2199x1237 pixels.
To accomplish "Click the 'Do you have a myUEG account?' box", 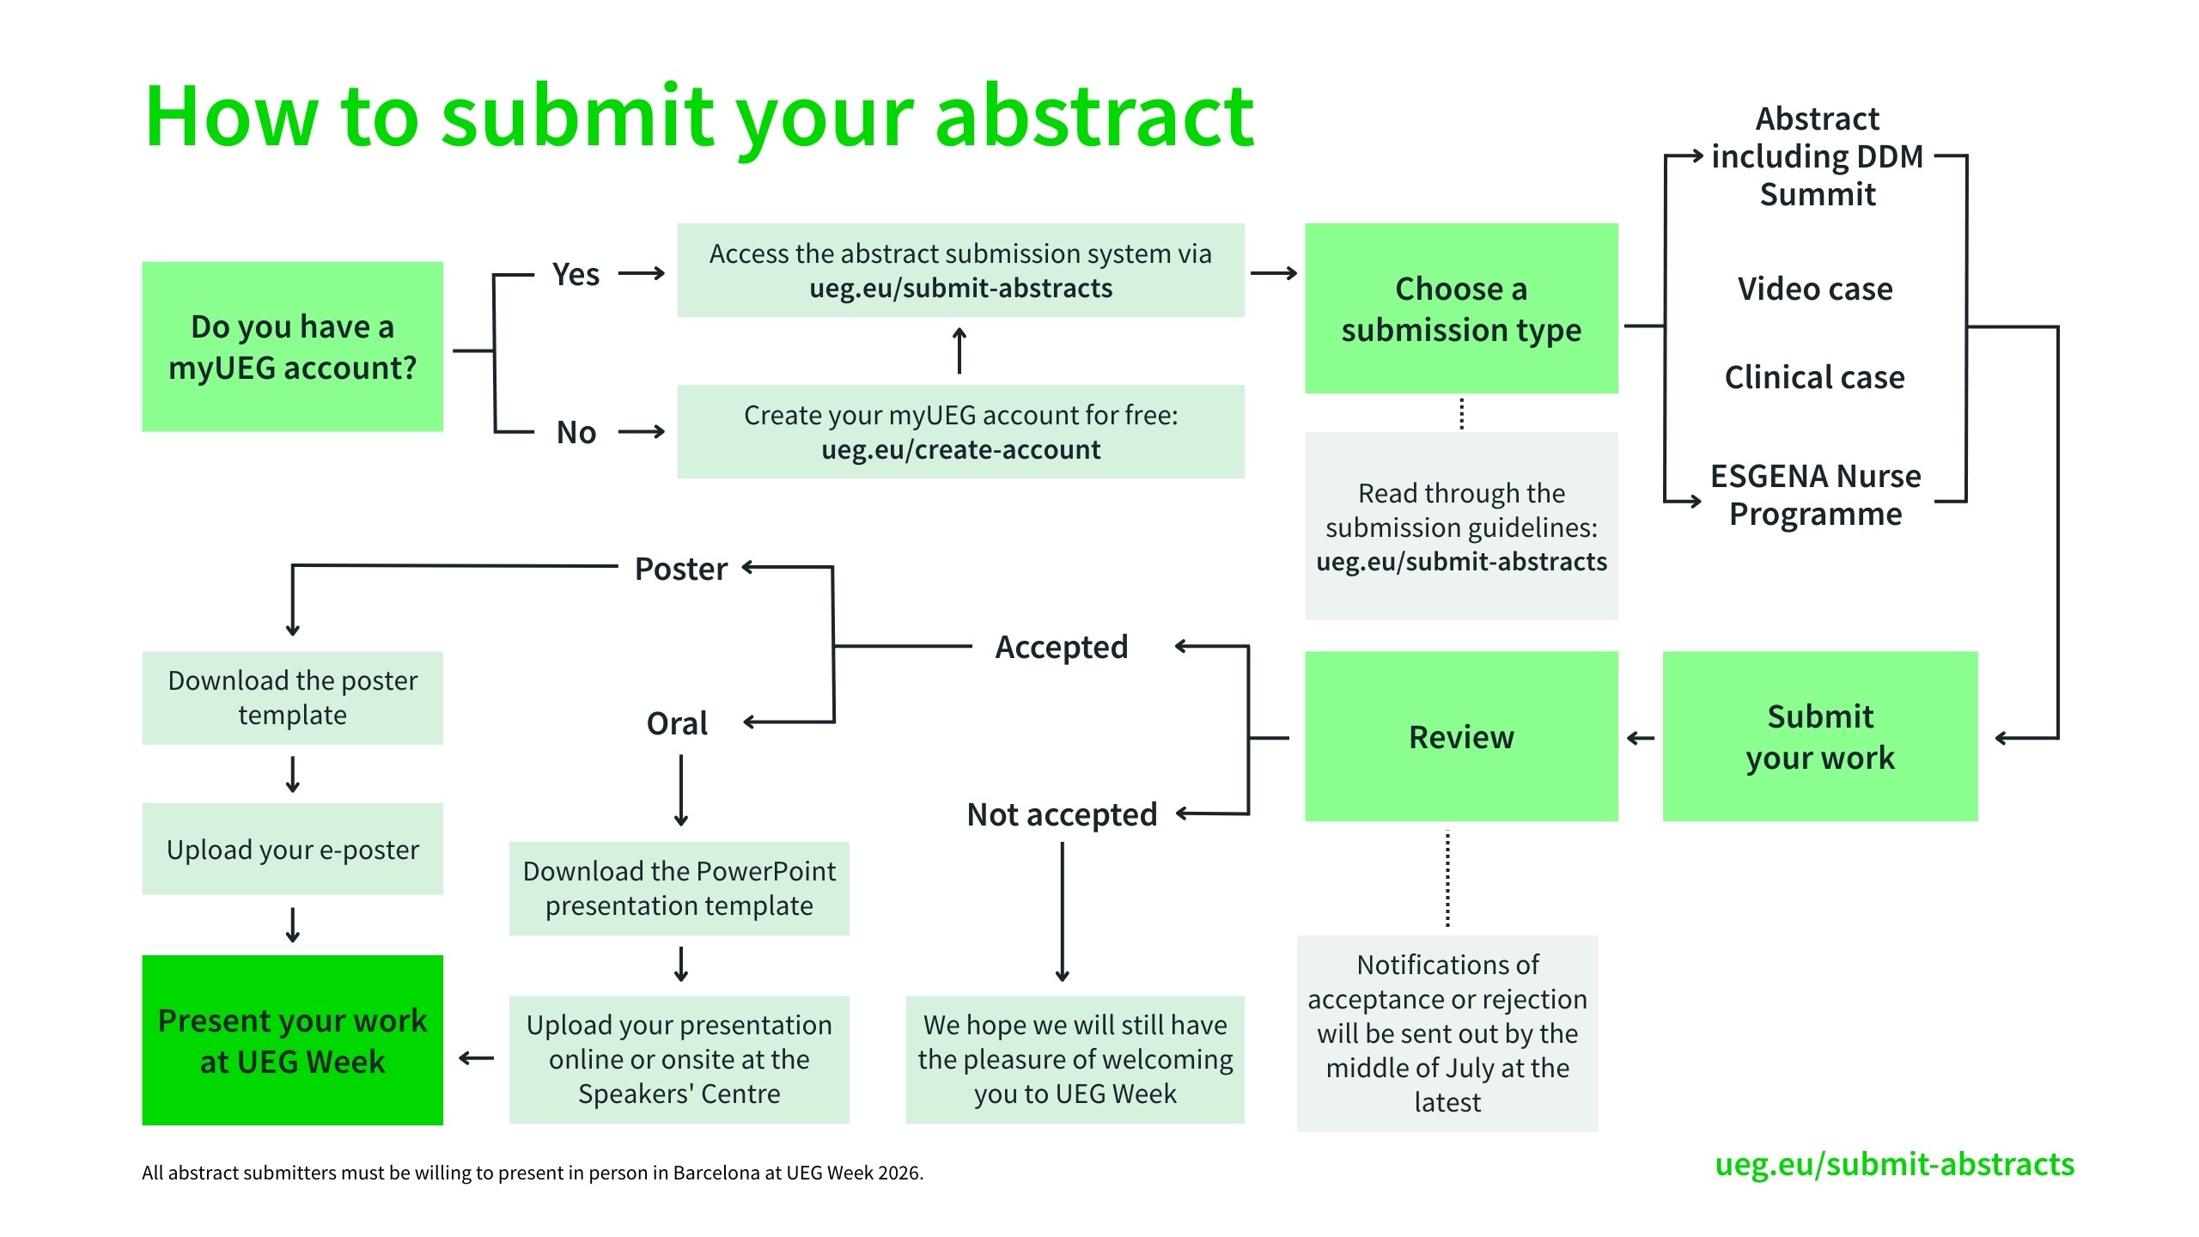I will pos(292,346).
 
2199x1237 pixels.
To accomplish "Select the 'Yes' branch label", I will pos(576,275).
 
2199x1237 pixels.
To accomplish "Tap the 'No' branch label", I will pos(576,432).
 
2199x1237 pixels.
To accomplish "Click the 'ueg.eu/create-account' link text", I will pos(960,449).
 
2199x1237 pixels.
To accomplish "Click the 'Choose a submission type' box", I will pos(1460,308).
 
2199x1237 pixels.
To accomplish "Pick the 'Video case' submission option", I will pos(1814,289).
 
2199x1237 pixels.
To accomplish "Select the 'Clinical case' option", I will pos(1814,377).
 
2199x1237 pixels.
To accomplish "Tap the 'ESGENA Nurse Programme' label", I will pos(1815,495).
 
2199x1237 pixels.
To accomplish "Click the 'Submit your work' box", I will pos(1819,736).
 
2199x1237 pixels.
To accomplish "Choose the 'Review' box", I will pos(1460,736).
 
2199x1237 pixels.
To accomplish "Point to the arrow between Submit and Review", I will pos(1640,738).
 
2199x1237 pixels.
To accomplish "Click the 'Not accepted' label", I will pos(1062,814).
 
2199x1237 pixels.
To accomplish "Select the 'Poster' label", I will pos(680,569).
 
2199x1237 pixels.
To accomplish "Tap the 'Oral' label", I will pos(677,723).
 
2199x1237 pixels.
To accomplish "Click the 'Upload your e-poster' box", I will pos(292,849).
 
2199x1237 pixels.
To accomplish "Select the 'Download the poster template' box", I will pos(292,698).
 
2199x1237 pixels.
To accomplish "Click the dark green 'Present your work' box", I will pos(292,1040).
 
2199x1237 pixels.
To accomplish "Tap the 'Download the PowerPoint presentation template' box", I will pos(679,888).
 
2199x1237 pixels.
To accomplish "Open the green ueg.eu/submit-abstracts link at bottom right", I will pos(1894,1164).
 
